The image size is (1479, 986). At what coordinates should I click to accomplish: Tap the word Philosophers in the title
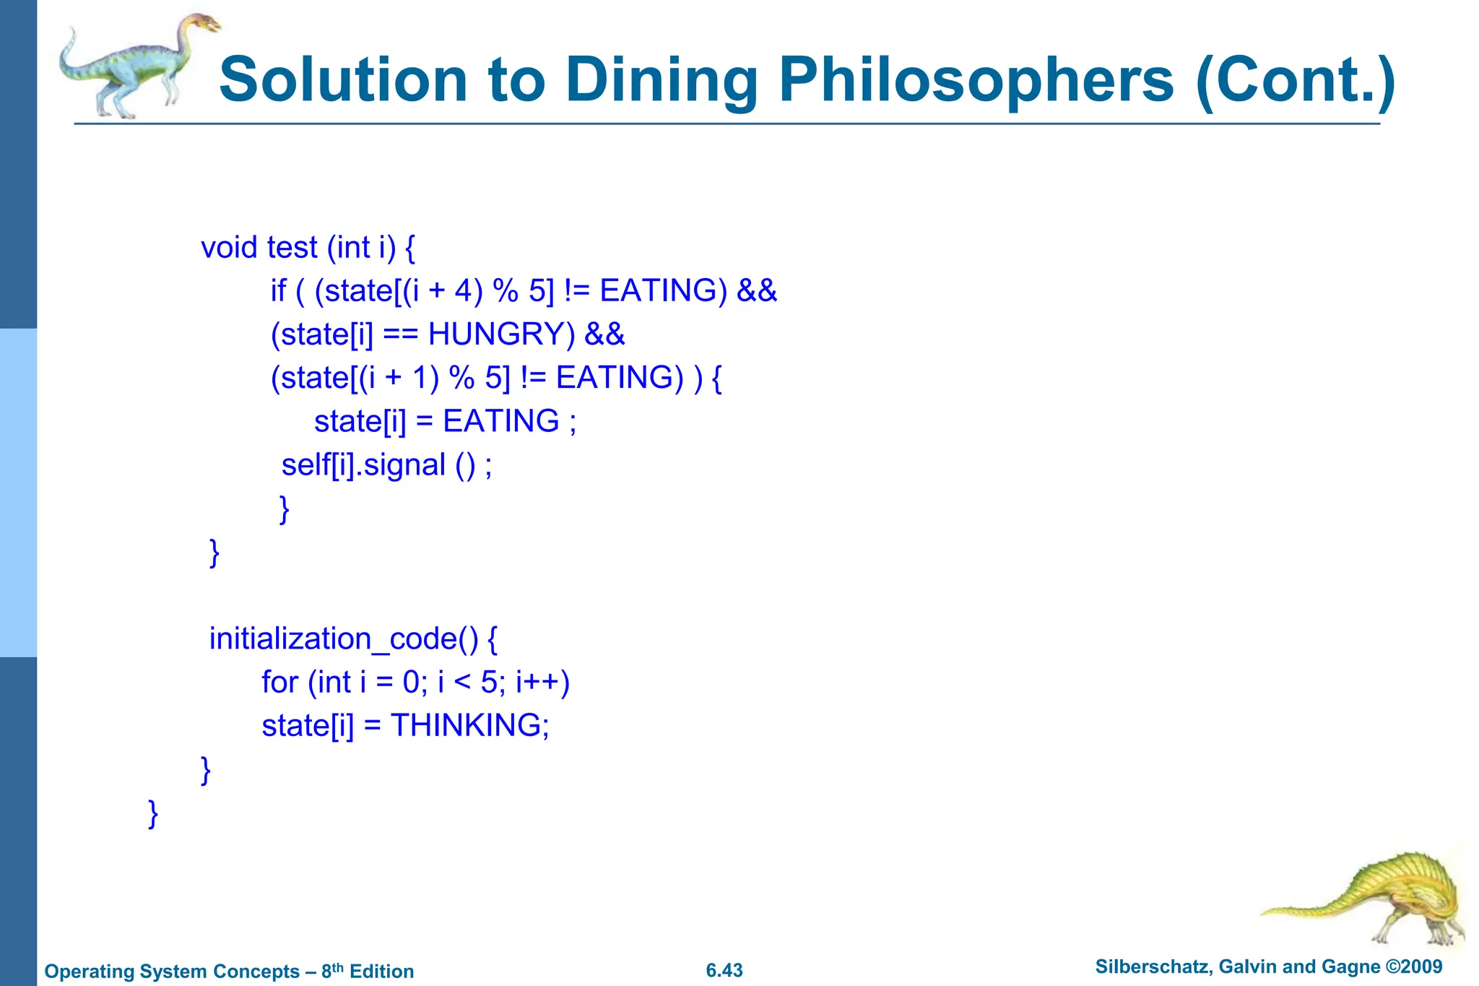(976, 81)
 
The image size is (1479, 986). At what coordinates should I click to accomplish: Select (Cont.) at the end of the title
(1296, 81)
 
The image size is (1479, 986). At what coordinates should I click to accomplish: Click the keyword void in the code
(229, 248)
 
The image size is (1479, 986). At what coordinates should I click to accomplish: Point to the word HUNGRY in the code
(501, 334)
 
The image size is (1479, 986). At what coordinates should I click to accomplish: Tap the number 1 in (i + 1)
(420, 378)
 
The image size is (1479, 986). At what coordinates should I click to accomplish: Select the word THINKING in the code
(465, 725)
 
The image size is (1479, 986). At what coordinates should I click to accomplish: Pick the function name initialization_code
(343, 639)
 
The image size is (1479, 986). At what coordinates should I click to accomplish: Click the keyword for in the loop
(279, 683)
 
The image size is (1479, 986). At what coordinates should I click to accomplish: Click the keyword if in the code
(278, 291)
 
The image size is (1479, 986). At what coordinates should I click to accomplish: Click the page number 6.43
(724, 971)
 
